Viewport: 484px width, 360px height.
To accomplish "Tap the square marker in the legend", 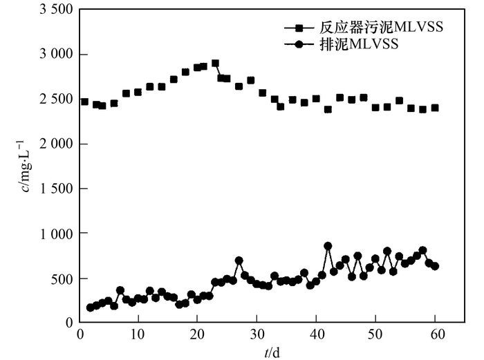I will click(299, 28).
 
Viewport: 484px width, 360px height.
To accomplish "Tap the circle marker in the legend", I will click(299, 44).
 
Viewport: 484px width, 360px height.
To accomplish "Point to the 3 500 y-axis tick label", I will click(53, 10).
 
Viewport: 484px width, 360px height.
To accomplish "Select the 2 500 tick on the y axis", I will click(53, 99).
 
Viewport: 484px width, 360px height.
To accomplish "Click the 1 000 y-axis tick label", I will click(53, 234).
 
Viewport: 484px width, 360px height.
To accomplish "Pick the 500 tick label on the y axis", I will click(61, 278).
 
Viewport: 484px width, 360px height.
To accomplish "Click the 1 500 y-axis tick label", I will click(53, 189).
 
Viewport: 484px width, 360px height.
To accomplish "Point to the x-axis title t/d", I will click(272, 352).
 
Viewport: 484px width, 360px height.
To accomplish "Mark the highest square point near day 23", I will click(215, 63).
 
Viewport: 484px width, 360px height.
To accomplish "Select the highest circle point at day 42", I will click(328, 246).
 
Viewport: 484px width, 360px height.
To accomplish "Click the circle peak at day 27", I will click(239, 260).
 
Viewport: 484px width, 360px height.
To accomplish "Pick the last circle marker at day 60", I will click(435, 266).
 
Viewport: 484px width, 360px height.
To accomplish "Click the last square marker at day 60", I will click(435, 108).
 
